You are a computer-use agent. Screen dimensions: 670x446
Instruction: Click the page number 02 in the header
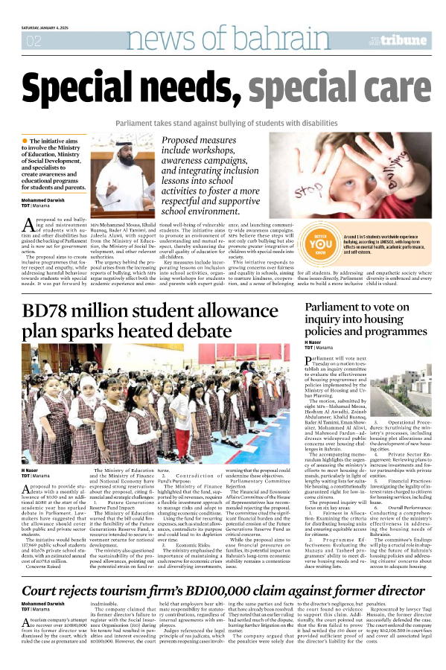34,41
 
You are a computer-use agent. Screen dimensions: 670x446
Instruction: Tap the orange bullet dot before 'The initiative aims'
25,141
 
